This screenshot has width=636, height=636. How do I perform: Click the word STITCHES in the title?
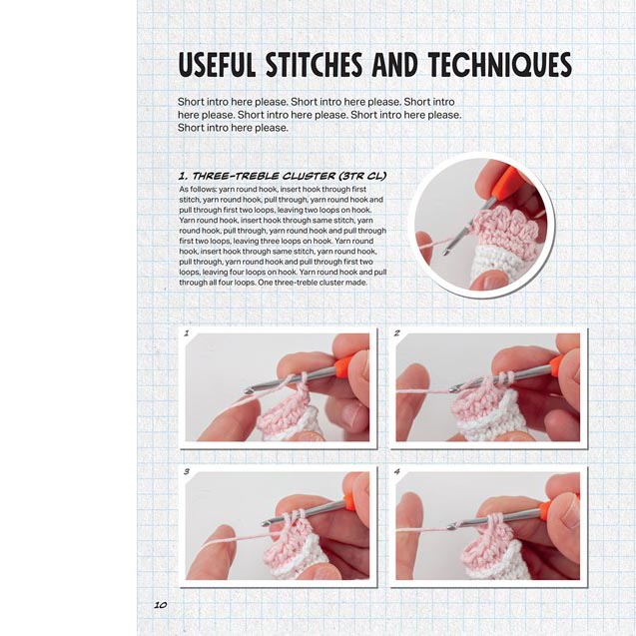point(314,65)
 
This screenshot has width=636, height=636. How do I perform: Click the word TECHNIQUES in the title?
point(499,65)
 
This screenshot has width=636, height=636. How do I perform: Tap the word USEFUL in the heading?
point(217,65)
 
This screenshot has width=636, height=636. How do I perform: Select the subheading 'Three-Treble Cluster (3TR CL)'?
point(283,176)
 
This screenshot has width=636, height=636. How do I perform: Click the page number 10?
point(160,605)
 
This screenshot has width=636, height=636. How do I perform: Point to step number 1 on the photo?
point(187,333)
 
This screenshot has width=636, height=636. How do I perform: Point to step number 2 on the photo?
point(397,333)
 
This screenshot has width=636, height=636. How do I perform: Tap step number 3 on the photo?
point(187,471)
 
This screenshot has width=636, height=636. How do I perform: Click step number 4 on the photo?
point(397,471)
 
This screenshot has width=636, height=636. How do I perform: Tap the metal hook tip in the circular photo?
point(446,253)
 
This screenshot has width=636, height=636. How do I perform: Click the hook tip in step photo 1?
point(249,391)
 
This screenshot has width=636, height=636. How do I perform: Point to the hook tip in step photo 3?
point(266,523)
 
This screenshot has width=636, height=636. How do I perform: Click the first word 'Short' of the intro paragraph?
point(191,102)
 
